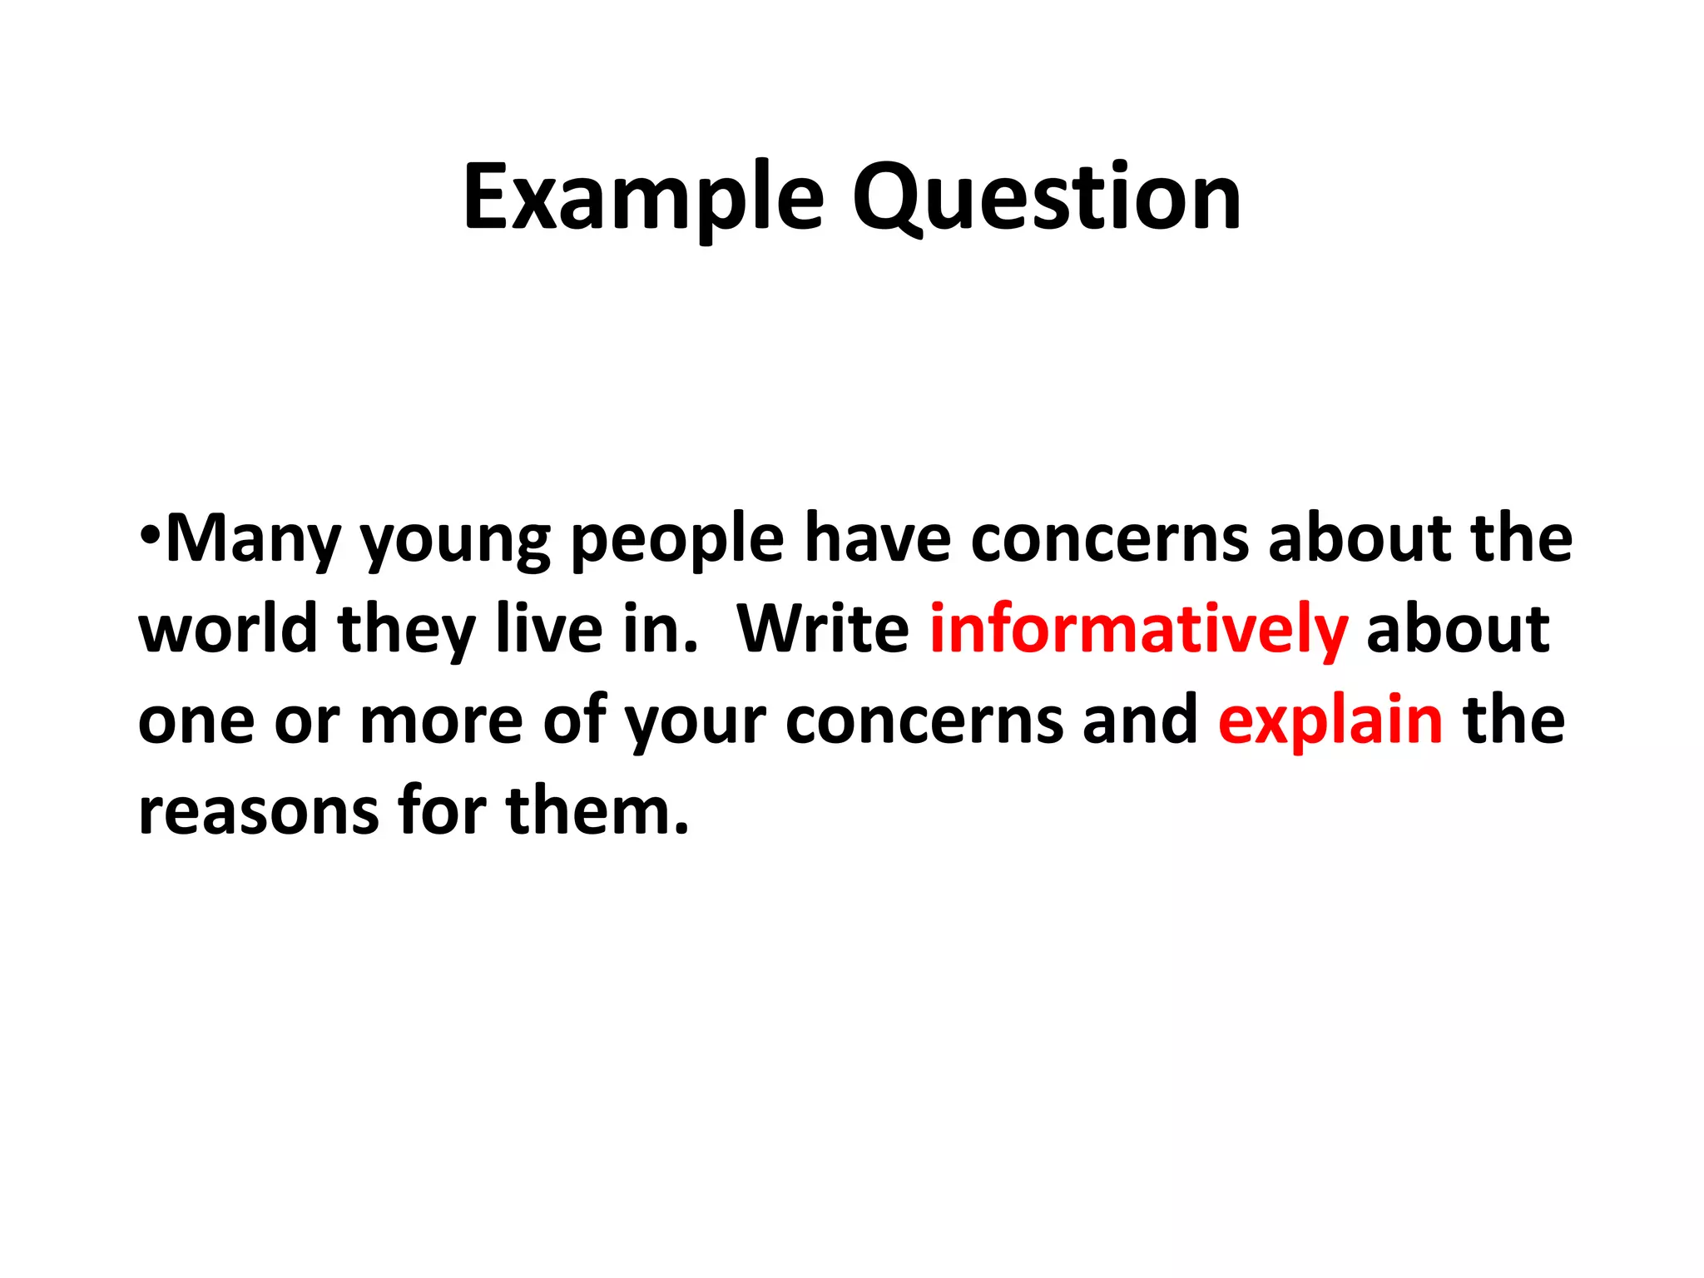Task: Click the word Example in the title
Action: pos(643,199)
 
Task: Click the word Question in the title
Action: pos(1046,199)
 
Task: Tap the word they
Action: pos(406,631)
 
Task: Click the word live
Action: pos(549,629)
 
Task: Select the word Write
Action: pos(823,629)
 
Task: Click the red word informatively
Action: pos(1138,631)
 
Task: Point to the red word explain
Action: pos(1330,721)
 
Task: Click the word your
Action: pos(695,723)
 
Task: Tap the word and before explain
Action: pos(1140,720)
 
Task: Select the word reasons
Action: pos(258,811)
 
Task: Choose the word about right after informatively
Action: pos(1458,629)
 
